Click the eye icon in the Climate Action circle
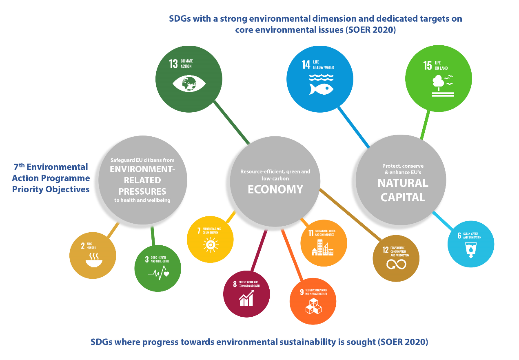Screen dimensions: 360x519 [189, 84]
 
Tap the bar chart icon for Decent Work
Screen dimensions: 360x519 [246, 299]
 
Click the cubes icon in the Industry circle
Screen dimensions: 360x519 [313, 307]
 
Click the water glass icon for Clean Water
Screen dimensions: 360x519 [471, 250]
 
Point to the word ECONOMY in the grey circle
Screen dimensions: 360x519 [275, 189]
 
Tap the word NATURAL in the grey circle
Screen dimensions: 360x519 [403, 183]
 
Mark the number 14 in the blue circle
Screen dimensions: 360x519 [306, 64]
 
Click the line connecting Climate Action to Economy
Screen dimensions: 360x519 [231, 122]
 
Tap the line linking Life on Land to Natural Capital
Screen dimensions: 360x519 [425, 124]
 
